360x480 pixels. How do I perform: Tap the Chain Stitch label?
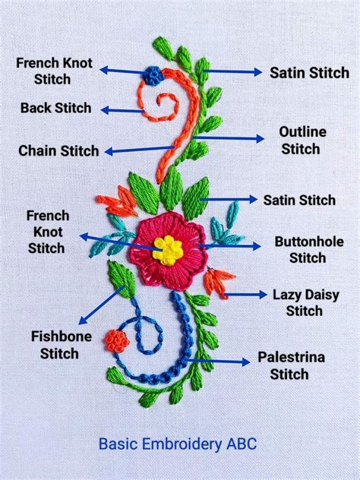click(x=58, y=150)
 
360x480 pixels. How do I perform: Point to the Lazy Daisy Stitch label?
click(x=304, y=302)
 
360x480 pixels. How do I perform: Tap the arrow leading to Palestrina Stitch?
click(x=219, y=362)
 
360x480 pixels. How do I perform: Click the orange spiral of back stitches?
click(x=163, y=102)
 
